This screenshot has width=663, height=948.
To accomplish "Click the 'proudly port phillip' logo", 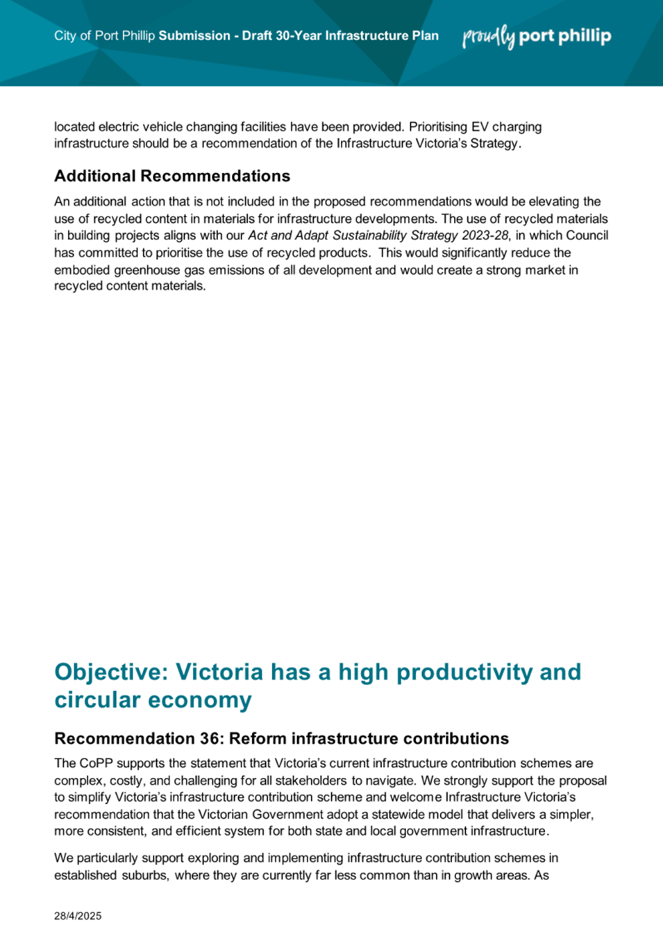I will [x=537, y=36].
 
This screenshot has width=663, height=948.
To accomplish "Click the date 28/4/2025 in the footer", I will [x=78, y=916].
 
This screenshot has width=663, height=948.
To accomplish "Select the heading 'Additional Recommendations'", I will [x=172, y=176].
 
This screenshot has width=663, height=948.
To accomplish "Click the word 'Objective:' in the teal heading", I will [x=110, y=672].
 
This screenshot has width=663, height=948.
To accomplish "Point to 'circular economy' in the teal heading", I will [x=153, y=700].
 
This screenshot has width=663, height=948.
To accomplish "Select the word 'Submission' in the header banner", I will [x=194, y=36].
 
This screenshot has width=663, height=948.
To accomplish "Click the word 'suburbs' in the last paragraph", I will [x=144, y=875].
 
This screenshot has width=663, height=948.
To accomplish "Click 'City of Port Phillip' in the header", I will [x=104, y=36].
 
